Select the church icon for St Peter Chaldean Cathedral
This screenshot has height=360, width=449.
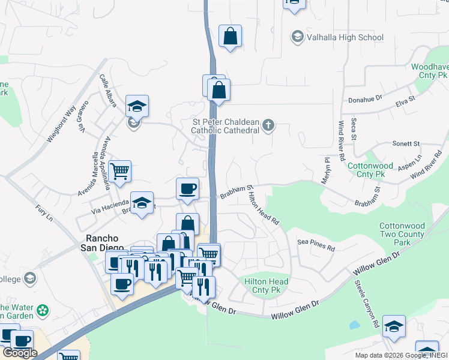268,125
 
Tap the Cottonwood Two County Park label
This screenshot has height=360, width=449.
402,234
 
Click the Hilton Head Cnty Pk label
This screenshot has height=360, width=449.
267,286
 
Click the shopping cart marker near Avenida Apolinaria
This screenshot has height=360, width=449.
119,171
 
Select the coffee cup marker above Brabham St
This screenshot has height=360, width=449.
187,188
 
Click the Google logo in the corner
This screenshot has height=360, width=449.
20,353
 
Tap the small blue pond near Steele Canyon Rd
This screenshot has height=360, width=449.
354,326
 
